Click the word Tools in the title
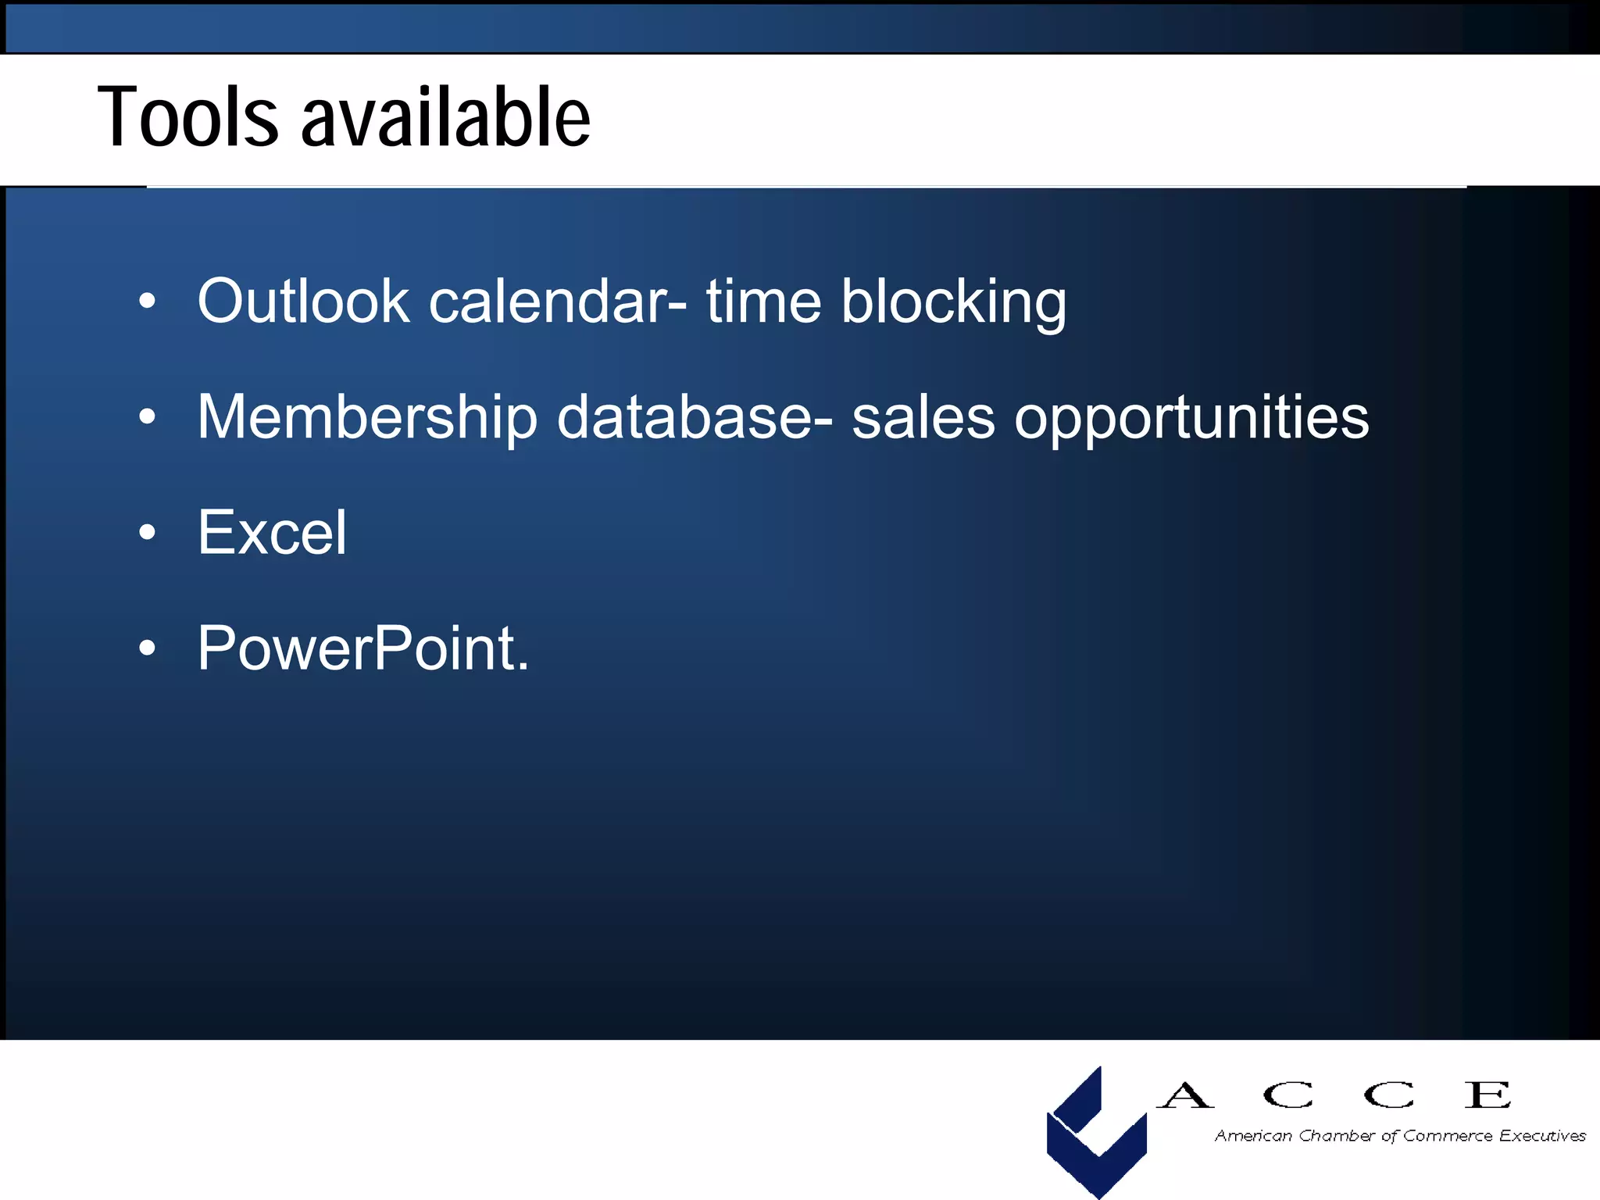pyautogui.click(x=187, y=117)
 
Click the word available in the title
pyautogui.click(x=445, y=117)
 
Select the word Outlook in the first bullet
pyautogui.click(x=303, y=302)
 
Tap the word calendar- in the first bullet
pyautogui.click(x=558, y=303)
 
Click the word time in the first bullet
pyautogui.click(x=763, y=303)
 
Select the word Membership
pyautogui.click(x=367, y=418)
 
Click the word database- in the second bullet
pyautogui.click(x=695, y=418)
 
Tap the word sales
pyautogui.click(x=923, y=418)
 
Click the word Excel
pyautogui.click(x=271, y=533)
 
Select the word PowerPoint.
pyautogui.click(x=362, y=648)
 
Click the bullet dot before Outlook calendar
pyautogui.click(x=147, y=302)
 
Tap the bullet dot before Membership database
pyautogui.click(x=147, y=417)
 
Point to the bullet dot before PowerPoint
pyautogui.click(x=147, y=648)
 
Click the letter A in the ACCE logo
pyautogui.click(x=1184, y=1095)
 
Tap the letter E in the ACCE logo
pyautogui.click(x=1487, y=1095)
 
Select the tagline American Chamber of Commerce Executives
pyautogui.click(x=1399, y=1136)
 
